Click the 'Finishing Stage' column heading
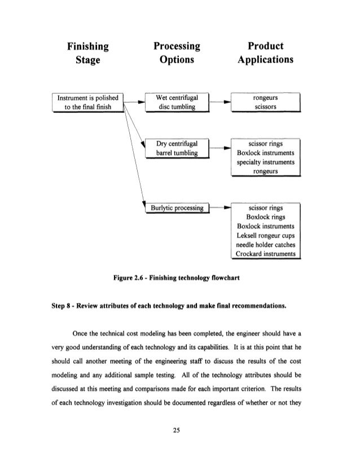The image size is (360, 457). click(89, 53)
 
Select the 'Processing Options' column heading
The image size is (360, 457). click(177, 53)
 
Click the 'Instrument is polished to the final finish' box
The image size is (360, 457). click(87, 104)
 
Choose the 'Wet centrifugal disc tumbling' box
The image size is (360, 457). click(177, 104)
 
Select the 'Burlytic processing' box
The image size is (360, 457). click(176, 208)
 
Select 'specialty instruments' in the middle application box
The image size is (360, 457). click(265, 162)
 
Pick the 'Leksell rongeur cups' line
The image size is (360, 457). click(265, 234)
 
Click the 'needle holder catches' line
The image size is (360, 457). click(265, 244)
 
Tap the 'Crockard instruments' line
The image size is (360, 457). click(265, 253)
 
